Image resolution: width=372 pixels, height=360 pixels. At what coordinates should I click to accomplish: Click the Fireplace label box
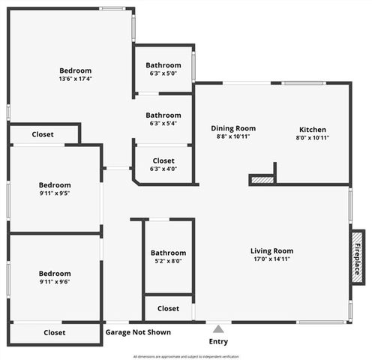point(358,257)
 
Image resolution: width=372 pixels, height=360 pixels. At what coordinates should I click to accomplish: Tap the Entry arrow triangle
point(218,328)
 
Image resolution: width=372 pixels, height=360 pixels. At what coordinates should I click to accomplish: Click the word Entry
point(218,342)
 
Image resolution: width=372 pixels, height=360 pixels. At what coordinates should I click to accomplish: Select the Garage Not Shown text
point(138,332)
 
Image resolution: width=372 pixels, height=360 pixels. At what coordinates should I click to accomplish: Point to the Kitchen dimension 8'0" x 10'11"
point(313,137)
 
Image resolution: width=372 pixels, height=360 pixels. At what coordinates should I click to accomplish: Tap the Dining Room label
point(233,128)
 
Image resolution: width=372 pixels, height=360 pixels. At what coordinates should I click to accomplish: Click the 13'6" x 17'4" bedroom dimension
point(76,79)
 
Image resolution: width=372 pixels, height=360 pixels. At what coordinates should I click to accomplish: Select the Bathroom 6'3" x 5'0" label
point(163,65)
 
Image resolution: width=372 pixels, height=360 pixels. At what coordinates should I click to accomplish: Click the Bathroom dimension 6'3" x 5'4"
point(163,124)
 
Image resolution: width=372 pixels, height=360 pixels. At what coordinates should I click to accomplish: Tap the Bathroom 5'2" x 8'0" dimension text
point(168,261)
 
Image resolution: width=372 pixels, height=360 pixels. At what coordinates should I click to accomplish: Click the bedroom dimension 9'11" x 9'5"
point(55,193)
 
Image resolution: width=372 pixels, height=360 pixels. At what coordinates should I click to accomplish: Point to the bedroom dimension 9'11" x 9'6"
point(55,283)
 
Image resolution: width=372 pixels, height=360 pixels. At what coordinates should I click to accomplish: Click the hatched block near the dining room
point(262,179)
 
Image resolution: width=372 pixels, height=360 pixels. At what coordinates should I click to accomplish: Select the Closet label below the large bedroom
point(43,135)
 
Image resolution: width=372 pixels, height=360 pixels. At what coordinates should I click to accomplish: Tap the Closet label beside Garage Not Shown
point(54,332)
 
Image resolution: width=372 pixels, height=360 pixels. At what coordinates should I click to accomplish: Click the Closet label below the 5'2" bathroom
point(168,308)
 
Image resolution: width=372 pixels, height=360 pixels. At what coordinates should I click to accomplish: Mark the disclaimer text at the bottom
point(186,356)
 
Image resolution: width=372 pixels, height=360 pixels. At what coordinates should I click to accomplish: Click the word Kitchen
point(313,128)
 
